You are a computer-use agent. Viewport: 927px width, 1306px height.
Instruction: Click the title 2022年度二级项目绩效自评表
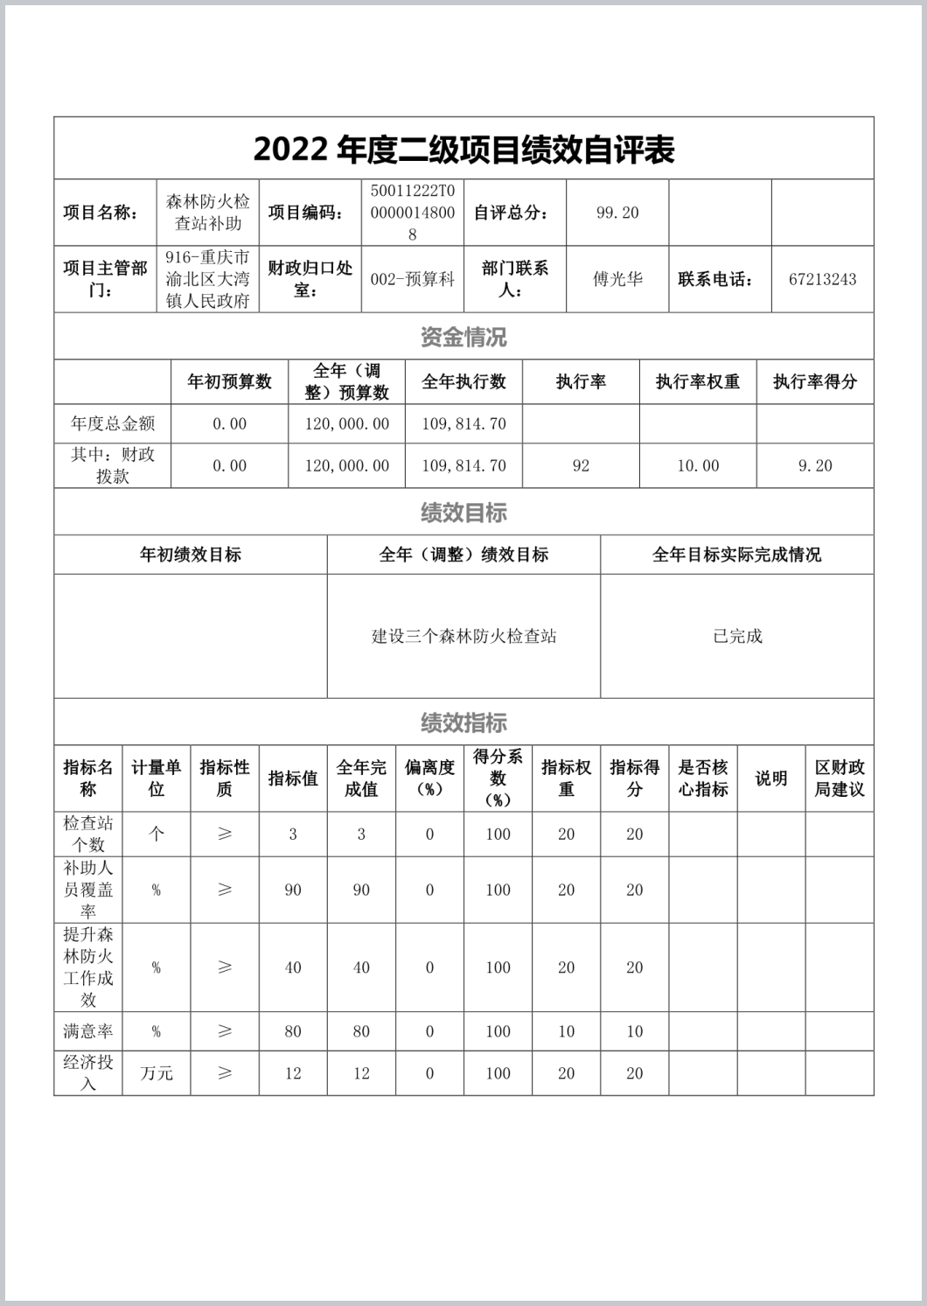coord(463,150)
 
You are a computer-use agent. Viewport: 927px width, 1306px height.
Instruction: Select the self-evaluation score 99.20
coord(617,213)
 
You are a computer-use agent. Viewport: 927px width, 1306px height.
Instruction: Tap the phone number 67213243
coord(822,280)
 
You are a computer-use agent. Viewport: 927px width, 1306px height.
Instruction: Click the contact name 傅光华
coord(617,280)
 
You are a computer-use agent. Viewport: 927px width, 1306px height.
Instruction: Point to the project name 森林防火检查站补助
coord(208,213)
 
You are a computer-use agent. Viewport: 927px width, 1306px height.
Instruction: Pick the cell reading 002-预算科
coord(413,280)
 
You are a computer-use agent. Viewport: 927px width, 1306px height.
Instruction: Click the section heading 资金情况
coord(463,337)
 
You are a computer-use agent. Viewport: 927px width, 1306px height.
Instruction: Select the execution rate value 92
coord(581,466)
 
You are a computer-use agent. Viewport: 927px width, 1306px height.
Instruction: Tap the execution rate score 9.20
coord(815,466)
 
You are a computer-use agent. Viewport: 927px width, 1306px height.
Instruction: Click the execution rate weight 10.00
coord(698,466)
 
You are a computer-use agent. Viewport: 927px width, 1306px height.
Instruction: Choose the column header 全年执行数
coord(463,382)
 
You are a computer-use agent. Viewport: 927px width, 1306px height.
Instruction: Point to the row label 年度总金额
coord(113,424)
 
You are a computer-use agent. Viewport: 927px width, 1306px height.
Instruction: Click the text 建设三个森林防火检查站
coord(463,637)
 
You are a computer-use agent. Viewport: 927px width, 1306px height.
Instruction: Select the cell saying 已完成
coord(737,637)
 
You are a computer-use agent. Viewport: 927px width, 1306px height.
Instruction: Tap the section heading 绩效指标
coord(463,723)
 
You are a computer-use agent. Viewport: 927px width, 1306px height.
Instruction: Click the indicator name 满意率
coord(87,1031)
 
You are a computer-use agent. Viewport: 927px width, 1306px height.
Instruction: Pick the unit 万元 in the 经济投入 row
coord(157,1073)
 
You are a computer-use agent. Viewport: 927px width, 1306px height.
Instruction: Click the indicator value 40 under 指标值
coord(293,967)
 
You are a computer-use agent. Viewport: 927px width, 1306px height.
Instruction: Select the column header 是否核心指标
coord(703,779)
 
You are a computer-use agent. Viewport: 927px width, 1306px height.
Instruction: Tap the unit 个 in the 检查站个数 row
coord(157,835)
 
